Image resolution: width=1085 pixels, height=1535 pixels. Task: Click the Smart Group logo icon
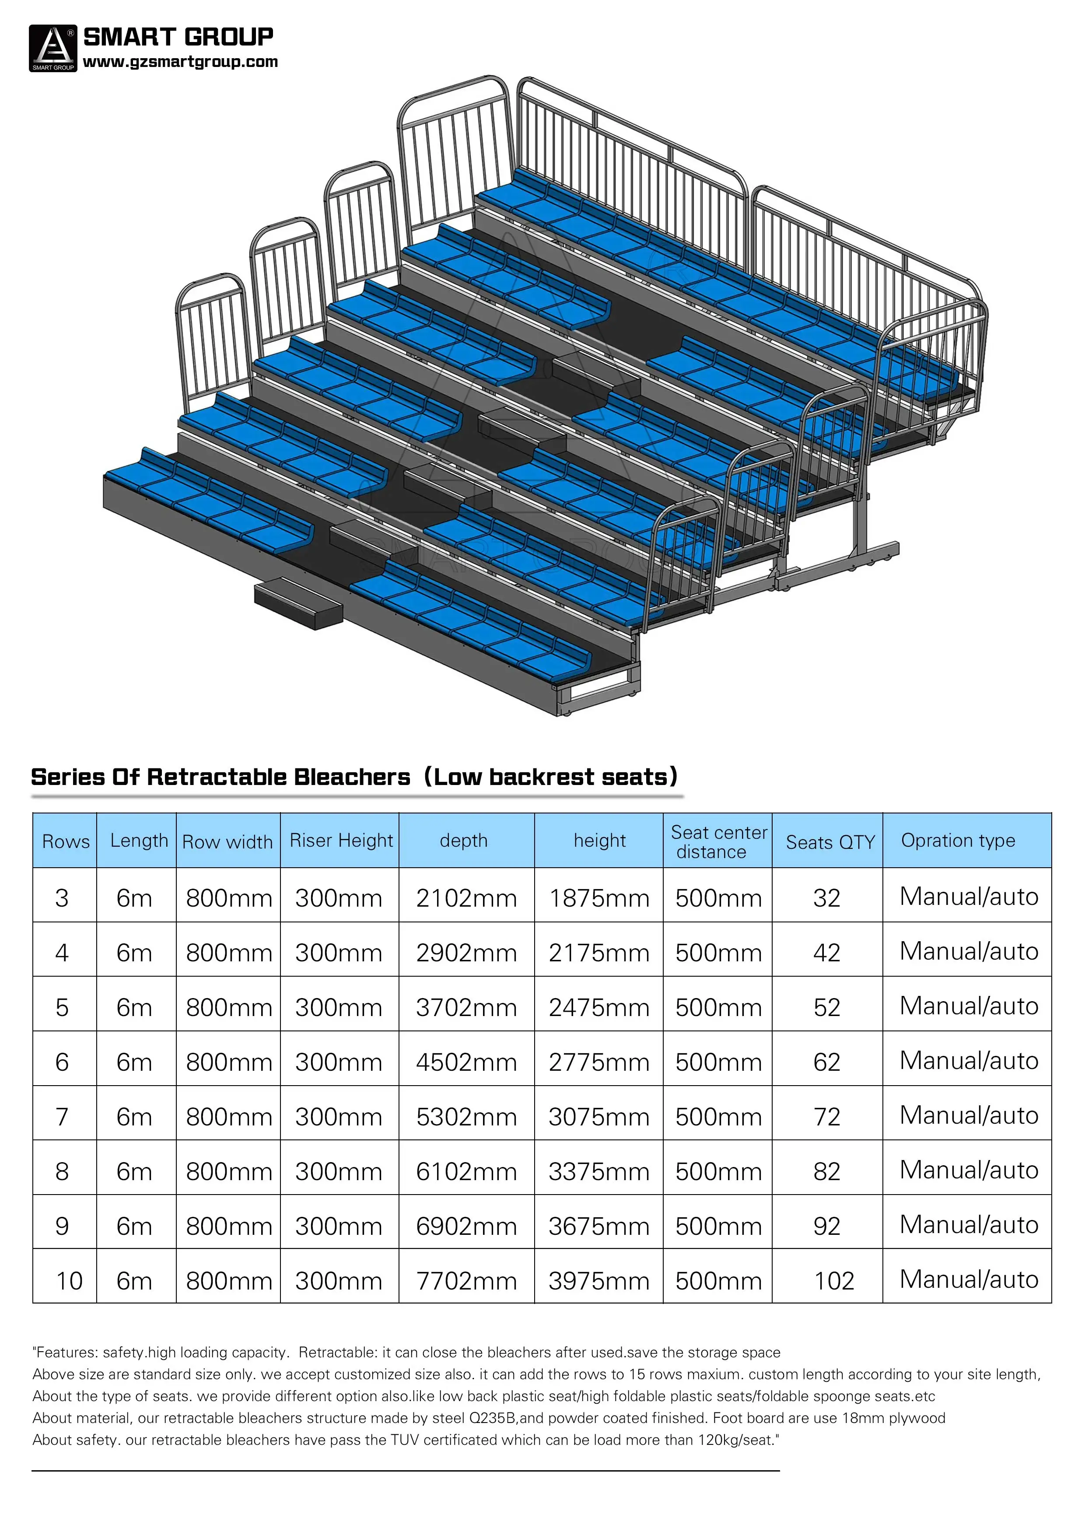coord(53,48)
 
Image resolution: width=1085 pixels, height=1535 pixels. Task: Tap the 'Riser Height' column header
coord(341,841)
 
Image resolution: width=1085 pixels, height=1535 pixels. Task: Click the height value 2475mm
coord(598,1008)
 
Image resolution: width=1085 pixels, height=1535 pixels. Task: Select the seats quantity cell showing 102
coord(833,1281)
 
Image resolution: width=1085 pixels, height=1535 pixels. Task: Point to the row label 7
coord(62,1117)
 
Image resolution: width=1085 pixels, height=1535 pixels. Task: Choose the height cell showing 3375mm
coord(598,1172)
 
